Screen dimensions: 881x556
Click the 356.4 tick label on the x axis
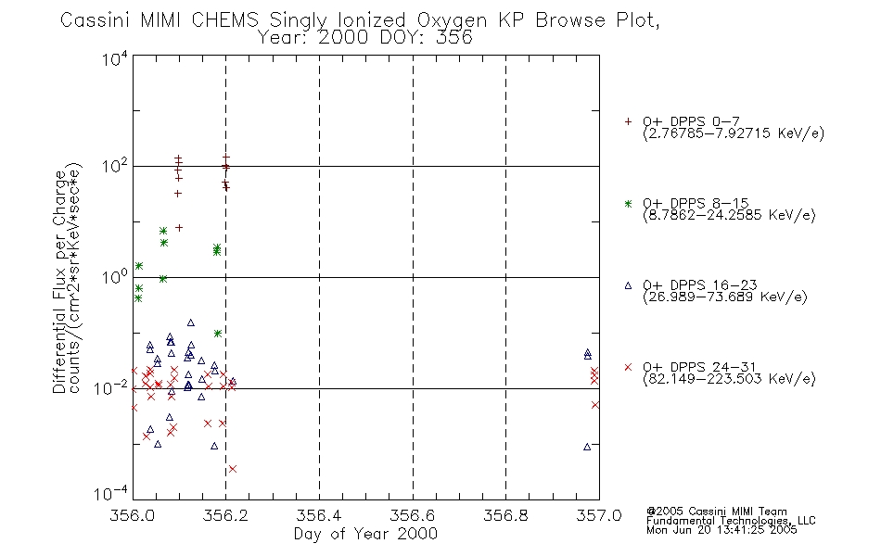pyautogui.click(x=319, y=515)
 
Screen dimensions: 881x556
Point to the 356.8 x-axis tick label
pyautogui.click(x=505, y=515)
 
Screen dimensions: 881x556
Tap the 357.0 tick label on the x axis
pyautogui.click(x=599, y=515)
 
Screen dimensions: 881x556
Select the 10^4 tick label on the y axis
pyautogui.click(x=115, y=58)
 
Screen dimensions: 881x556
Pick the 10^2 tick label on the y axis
pyautogui.click(x=115, y=166)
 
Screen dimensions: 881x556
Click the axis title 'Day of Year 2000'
pyautogui.click(x=365, y=534)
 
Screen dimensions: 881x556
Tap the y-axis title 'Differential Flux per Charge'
pyautogui.click(x=59, y=282)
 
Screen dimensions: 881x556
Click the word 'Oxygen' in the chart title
pyautogui.click(x=452, y=20)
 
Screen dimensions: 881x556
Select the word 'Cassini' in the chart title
pyautogui.click(x=95, y=20)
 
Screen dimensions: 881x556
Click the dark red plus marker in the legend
pyautogui.click(x=628, y=121)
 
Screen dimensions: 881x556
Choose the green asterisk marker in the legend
pyautogui.click(x=628, y=203)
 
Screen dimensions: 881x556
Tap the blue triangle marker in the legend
pyautogui.click(x=628, y=285)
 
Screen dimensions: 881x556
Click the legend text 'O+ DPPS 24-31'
pyautogui.click(x=699, y=367)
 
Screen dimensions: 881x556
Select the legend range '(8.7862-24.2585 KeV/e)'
pyautogui.click(x=729, y=215)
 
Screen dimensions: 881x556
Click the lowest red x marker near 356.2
pyautogui.click(x=233, y=468)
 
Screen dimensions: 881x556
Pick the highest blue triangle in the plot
pyautogui.click(x=190, y=322)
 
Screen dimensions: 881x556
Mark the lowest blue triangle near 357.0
pyautogui.click(x=587, y=447)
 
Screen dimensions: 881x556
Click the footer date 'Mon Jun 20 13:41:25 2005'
pyautogui.click(x=721, y=530)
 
